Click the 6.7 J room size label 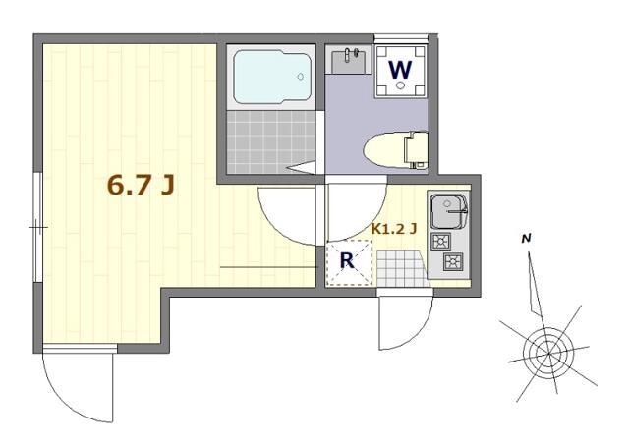pos(141,186)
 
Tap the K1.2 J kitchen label pos(394,229)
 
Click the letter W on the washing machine pos(400,70)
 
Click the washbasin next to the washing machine pos(350,61)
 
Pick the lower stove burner pos(453,261)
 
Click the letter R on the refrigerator pos(347,262)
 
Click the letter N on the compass pos(527,239)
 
